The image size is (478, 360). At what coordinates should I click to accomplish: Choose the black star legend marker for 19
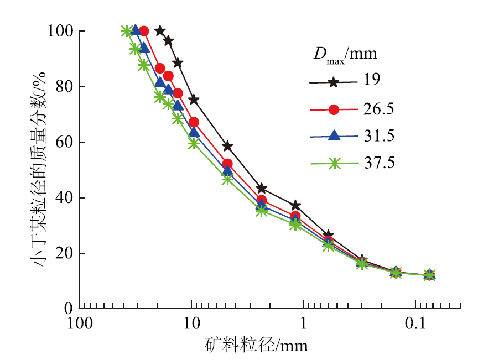tap(333, 82)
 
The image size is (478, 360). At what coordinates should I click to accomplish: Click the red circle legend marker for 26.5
tap(333, 109)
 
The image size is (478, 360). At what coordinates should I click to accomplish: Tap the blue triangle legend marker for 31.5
tap(333, 136)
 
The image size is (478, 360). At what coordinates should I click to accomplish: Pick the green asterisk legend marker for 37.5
tap(333, 163)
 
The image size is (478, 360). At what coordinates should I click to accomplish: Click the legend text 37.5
tap(380, 163)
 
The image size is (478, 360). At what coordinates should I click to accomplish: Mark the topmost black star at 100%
tap(160, 31)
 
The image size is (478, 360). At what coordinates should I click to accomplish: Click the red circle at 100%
tap(144, 31)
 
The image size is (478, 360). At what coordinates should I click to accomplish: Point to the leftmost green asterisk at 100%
tap(126, 31)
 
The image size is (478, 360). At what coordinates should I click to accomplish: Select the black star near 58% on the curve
tap(227, 146)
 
